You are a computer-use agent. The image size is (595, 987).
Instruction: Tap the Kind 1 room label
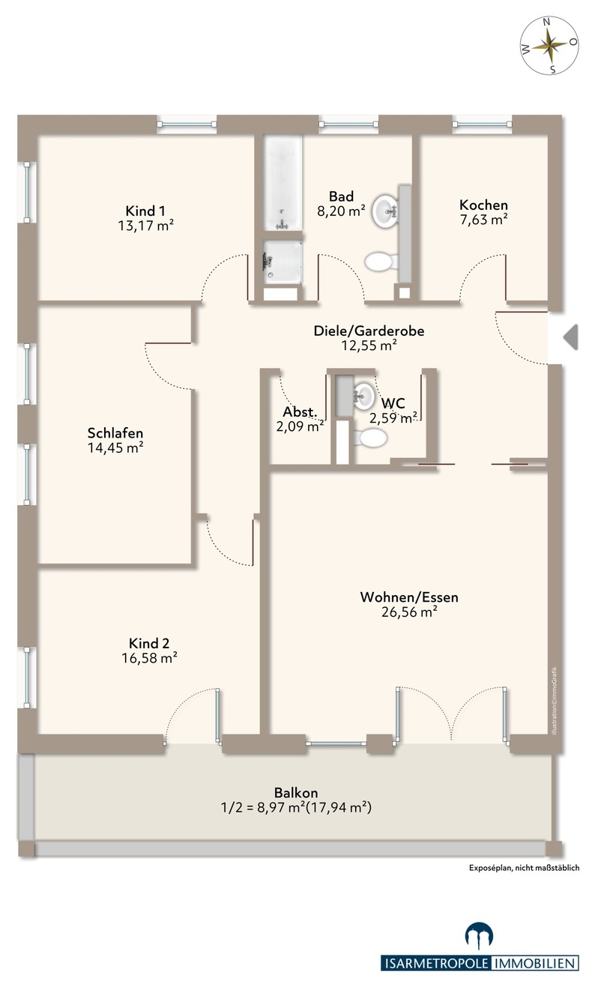pos(145,211)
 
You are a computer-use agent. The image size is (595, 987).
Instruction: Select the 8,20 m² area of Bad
pos(341,211)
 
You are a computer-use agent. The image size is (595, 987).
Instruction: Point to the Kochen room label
pos(483,205)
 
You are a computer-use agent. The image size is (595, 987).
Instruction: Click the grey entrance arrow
pos(571,336)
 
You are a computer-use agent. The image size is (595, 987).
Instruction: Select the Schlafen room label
pos(115,433)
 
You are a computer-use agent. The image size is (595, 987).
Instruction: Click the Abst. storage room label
pos(300,412)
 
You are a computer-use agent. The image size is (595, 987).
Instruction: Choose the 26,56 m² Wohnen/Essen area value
pos(409,612)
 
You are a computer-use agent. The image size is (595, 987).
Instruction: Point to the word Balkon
pos(296,793)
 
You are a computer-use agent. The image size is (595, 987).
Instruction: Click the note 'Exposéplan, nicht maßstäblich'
pos(524,868)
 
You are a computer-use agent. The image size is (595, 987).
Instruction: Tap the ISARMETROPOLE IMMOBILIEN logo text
pos(480,964)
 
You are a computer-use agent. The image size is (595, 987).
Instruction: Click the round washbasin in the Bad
pos(386,206)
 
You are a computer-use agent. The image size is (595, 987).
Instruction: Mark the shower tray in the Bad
pos(283,261)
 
